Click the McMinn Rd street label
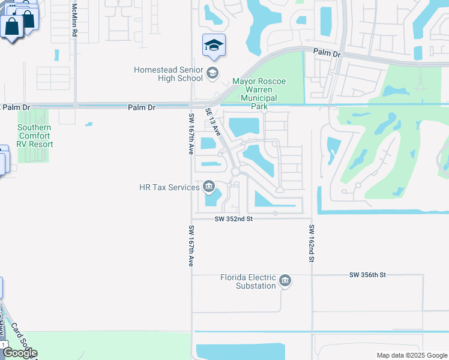tap(74, 21)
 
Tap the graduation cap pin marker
tap(214, 46)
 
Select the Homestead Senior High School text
tap(168, 74)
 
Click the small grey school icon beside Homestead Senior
tap(211, 74)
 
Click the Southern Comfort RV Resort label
tap(35, 136)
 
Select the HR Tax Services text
tap(169, 187)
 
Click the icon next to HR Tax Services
tap(208, 187)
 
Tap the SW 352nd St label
tap(234, 220)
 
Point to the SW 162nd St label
tap(312, 243)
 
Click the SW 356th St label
tap(367, 275)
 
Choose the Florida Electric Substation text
tap(248, 281)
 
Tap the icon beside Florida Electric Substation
tap(285, 281)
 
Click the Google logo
tap(20, 353)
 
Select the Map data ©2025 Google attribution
tap(411, 355)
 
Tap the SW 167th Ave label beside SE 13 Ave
tap(191, 134)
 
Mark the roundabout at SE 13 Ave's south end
tap(235, 172)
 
